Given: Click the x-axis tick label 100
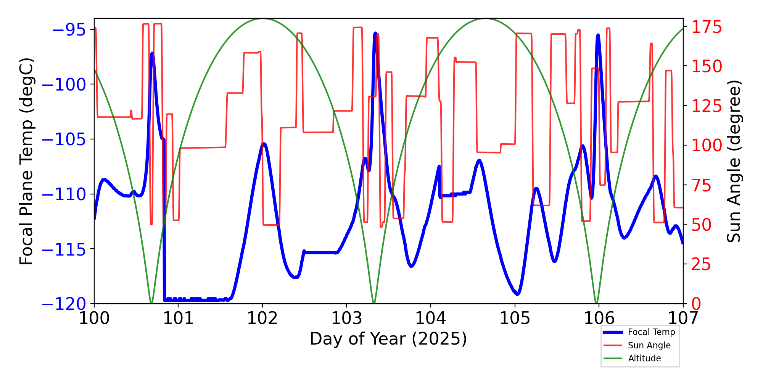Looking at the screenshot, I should pyautogui.click(x=94, y=318).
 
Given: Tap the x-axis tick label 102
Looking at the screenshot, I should pyautogui.click(x=262, y=318).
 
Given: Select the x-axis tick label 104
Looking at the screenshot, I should pyautogui.click(x=431, y=318).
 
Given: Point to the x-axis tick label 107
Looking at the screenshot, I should pyautogui.click(x=683, y=318).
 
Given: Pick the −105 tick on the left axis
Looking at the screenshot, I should pyautogui.click(x=63, y=139).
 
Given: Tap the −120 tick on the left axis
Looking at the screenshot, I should pyautogui.click(x=63, y=304).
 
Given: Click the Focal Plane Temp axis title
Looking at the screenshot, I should pyautogui.click(x=27, y=161).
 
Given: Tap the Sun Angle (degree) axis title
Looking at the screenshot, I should pyautogui.click(x=733, y=161).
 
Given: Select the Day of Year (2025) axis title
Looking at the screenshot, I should pyautogui.click(x=388, y=339).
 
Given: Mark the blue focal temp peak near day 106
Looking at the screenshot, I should pyautogui.click(x=598, y=35).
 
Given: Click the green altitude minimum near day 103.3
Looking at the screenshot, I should pyautogui.click(x=374, y=303).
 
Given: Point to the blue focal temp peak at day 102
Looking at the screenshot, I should pyautogui.click(x=263, y=144).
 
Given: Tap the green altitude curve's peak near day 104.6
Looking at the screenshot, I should pyautogui.click(x=485, y=19).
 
